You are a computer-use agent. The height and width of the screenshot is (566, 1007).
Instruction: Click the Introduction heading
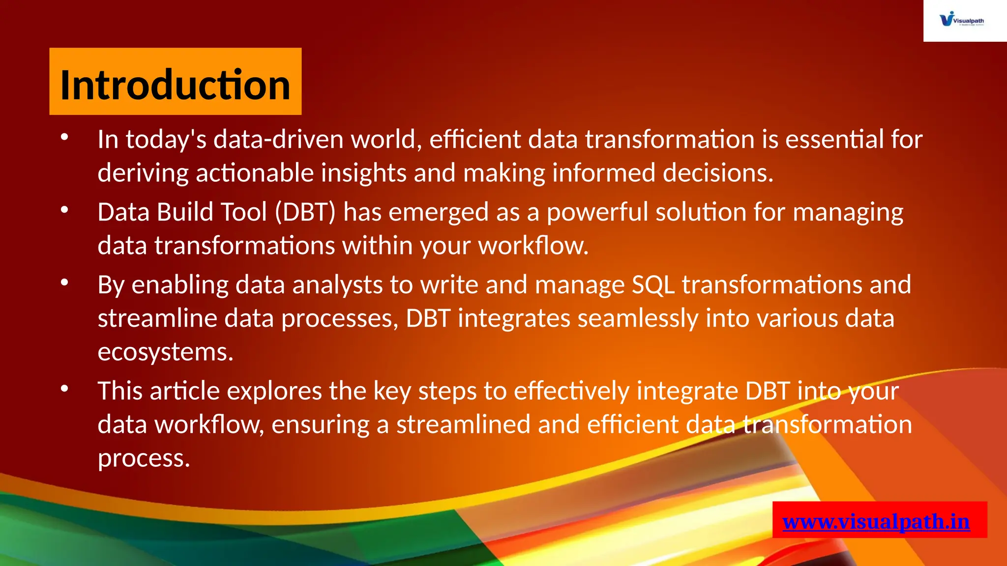click(175, 85)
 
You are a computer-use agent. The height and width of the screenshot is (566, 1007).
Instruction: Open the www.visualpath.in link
click(876, 521)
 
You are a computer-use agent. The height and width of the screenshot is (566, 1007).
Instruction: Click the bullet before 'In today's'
click(64, 138)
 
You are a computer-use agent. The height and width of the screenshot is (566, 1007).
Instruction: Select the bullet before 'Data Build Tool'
click(64, 210)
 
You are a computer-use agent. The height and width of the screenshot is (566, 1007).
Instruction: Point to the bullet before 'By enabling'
click(64, 283)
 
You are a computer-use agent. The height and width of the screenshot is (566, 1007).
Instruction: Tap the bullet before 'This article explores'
click(64, 389)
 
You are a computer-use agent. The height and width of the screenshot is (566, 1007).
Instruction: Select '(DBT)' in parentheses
click(305, 212)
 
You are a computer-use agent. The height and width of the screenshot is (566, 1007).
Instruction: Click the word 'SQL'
click(652, 285)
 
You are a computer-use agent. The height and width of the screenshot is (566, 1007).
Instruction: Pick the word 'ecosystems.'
click(165, 352)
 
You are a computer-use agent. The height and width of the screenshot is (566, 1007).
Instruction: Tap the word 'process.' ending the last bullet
click(144, 458)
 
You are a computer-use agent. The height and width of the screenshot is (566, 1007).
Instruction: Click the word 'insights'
click(363, 173)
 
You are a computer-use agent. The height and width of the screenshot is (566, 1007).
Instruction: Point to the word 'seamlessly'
click(638, 318)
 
